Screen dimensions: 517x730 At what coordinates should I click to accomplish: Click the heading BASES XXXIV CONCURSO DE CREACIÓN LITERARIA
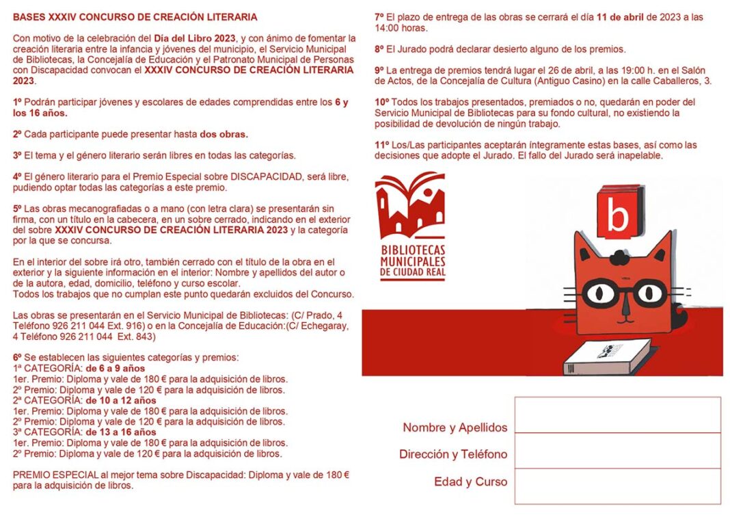tap(135, 16)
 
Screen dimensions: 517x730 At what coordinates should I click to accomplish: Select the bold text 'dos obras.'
tap(224, 134)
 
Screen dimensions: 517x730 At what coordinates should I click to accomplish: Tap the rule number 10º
tap(382, 102)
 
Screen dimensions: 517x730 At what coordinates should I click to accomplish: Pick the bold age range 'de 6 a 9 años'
tap(115, 369)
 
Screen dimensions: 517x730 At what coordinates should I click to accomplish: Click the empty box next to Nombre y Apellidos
tap(617, 414)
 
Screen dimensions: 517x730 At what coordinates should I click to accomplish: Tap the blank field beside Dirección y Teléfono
tap(617, 450)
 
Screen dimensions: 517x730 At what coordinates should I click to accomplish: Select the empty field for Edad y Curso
tap(617, 486)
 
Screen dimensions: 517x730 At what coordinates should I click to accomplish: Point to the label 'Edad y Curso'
tap(470, 481)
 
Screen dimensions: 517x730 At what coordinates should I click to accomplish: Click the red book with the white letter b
tap(618, 213)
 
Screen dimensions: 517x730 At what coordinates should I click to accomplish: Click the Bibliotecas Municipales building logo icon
tap(410, 205)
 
